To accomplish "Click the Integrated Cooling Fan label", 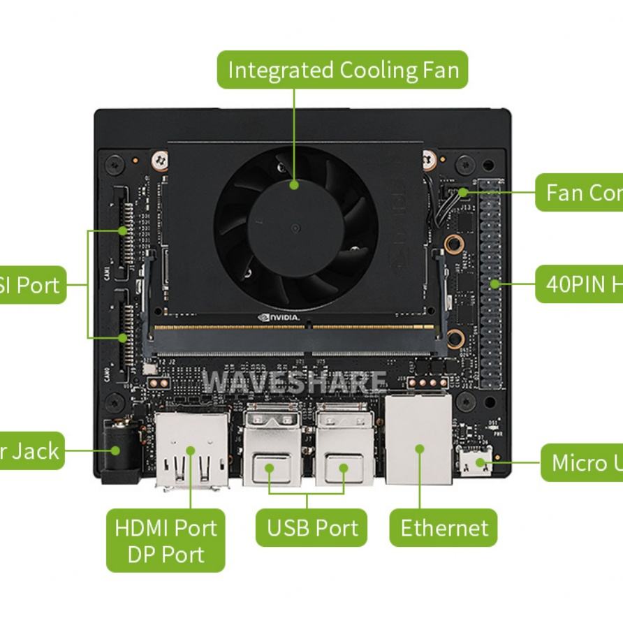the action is (342, 70).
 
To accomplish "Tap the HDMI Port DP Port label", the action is (166, 541).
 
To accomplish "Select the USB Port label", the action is (307, 528).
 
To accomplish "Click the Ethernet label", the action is (444, 528).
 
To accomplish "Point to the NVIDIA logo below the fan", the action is (279, 318).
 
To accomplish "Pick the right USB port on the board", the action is (344, 447).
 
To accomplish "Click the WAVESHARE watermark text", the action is (293, 382).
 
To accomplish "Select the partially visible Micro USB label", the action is (582, 462).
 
